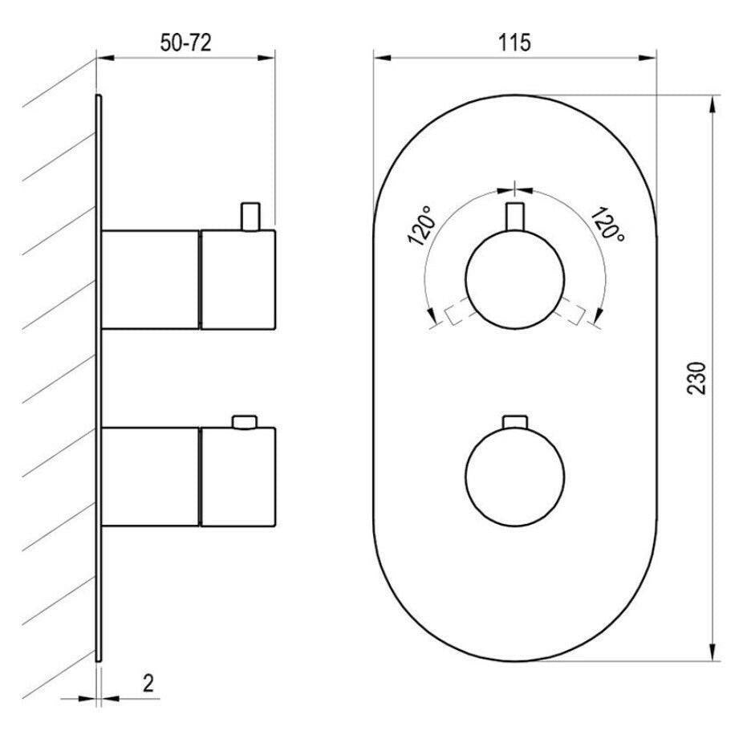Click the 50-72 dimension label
[x=185, y=43]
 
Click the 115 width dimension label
[x=514, y=43]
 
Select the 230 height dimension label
[x=696, y=378]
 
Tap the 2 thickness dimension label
[x=148, y=683]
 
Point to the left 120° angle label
[x=420, y=225]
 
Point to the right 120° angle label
[x=608, y=224]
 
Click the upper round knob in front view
[x=514, y=279]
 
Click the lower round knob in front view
[x=514, y=477]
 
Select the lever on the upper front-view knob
[x=514, y=217]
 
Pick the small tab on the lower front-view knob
[x=514, y=421]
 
